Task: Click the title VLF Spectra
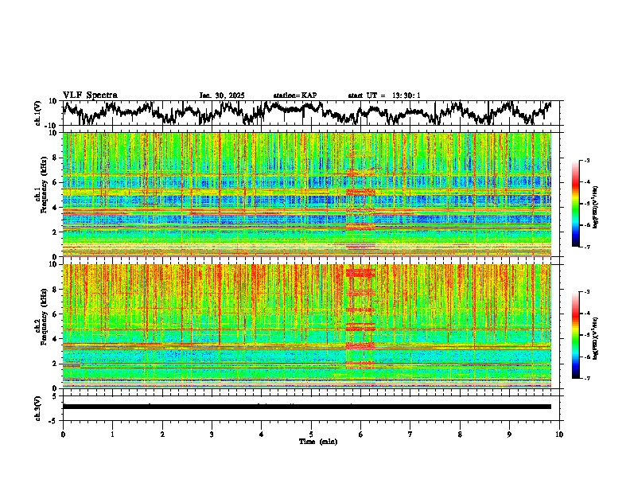tap(90, 95)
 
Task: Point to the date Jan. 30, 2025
tap(222, 95)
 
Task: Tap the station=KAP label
tap(294, 95)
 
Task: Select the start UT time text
tap(384, 95)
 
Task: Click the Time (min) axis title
tap(311, 441)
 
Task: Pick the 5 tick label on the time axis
tap(311, 434)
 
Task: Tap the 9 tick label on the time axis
tap(510, 434)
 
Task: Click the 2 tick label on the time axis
tap(162, 434)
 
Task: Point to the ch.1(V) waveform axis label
tap(38, 113)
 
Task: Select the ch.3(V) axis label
tap(38, 407)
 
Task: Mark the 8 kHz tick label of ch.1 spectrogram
tap(55, 158)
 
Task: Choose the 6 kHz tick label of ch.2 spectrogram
tap(55, 314)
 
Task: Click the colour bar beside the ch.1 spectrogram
tap(583, 204)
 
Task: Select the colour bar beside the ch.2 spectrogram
tap(583, 335)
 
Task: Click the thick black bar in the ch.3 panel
tap(306, 407)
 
